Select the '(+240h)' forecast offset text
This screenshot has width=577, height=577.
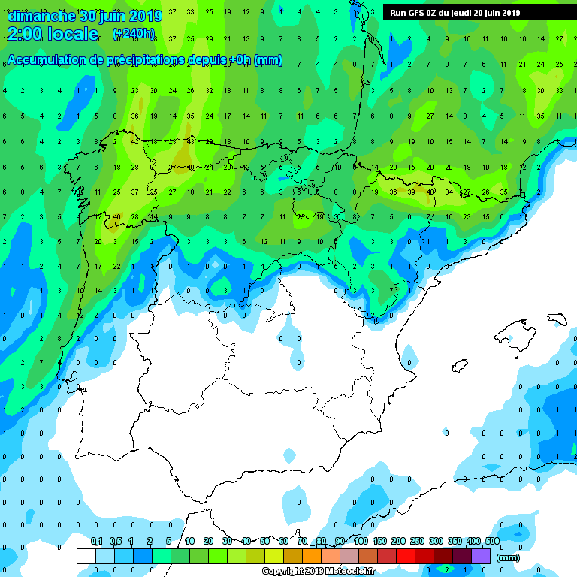click(x=134, y=34)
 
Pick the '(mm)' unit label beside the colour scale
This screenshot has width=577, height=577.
click(x=509, y=557)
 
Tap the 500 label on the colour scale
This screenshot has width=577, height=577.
click(x=492, y=542)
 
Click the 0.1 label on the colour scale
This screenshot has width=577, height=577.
click(x=97, y=542)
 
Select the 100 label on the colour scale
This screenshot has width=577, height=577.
click(x=361, y=542)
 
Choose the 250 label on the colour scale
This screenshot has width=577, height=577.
click(x=417, y=542)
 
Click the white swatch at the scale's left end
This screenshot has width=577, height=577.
click(x=86, y=556)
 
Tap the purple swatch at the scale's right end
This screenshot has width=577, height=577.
click(x=481, y=556)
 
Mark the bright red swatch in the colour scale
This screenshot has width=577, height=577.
click(x=406, y=556)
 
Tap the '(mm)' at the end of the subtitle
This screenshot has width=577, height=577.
click(x=268, y=60)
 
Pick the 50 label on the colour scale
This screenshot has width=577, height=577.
click(x=265, y=542)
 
